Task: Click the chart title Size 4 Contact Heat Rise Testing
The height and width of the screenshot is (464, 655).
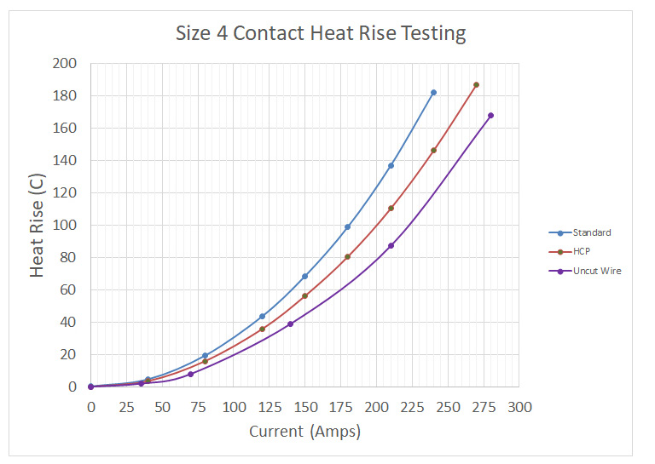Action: [x=321, y=34]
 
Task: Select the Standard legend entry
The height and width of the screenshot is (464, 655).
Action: [x=591, y=232]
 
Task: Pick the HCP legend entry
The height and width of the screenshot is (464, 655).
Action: [x=583, y=252]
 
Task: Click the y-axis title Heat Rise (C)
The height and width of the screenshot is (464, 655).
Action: [x=38, y=226]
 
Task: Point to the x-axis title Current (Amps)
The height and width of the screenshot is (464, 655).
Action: [x=304, y=432]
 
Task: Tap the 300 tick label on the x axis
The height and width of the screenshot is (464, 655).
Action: [x=519, y=407]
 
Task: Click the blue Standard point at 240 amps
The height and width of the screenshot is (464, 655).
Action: [x=433, y=93]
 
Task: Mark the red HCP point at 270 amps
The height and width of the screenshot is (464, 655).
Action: [x=476, y=85]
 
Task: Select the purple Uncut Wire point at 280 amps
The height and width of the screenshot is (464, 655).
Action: [x=490, y=116]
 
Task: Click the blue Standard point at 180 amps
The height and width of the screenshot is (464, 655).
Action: [x=347, y=227]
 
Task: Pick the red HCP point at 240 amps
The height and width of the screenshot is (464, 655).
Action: [x=433, y=151]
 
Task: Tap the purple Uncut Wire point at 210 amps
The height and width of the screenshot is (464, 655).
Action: [x=391, y=246]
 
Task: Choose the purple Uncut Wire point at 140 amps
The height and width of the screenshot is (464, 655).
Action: [x=290, y=324]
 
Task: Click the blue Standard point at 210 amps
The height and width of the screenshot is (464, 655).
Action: [x=391, y=166]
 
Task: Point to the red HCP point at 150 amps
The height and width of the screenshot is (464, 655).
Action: [x=304, y=296]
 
